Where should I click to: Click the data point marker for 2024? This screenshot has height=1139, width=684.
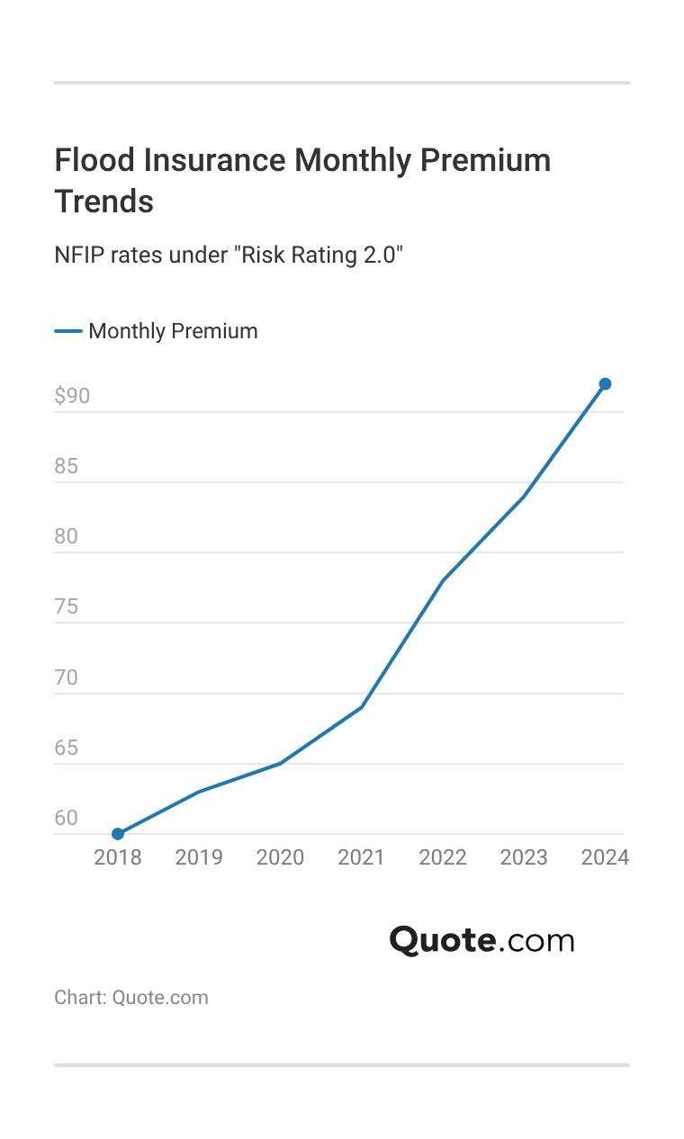coord(605,384)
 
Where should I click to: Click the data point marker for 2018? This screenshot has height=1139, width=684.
coord(118,834)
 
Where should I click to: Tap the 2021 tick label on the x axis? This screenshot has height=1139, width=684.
coord(361,857)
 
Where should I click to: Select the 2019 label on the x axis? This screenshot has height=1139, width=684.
coord(199,857)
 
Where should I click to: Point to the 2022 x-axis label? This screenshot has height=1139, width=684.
coord(443,857)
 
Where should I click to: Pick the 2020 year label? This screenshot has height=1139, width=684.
coord(280,857)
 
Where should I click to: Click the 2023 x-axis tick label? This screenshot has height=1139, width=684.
coord(524,857)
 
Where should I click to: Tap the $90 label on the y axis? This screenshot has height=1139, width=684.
coord(72,396)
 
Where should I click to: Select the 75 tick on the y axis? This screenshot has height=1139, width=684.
coord(67,607)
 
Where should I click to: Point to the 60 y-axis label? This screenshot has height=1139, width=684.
coord(67,818)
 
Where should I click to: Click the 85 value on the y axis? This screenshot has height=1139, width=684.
coord(67,466)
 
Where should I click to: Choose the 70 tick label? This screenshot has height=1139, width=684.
coord(67,677)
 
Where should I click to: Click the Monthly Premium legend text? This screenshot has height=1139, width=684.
coord(173,331)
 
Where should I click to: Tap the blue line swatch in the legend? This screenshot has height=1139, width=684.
coord(68,331)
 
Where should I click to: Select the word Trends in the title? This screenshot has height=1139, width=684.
coord(103,202)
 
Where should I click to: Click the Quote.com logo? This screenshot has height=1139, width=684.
coord(481,940)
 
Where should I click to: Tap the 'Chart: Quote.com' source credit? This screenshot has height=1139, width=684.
coord(131,997)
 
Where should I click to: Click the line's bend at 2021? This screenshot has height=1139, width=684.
coord(361,707)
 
